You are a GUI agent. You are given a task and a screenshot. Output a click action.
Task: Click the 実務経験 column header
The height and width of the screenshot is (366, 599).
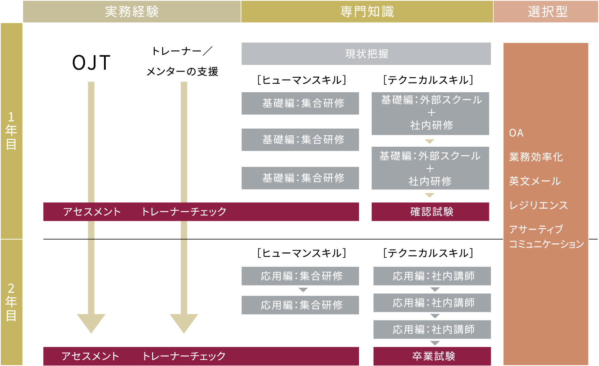[x=131, y=12]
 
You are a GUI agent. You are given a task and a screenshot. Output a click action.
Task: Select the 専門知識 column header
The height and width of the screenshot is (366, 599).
[x=367, y=12]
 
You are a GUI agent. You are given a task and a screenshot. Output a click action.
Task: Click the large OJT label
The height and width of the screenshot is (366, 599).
[x=91, y=62]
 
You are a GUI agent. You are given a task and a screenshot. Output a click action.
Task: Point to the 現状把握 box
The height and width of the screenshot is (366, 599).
[x=366, y=54]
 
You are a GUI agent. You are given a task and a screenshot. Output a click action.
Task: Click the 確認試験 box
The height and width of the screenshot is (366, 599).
[x=430, y=212]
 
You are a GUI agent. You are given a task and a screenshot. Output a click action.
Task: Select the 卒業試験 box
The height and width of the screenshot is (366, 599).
[x=432, y=356]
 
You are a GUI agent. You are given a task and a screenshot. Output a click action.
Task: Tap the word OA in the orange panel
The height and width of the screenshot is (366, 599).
[x=516, y=133]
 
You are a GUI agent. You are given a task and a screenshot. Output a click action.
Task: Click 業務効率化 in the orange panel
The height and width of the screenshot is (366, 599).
[x=536, y=157]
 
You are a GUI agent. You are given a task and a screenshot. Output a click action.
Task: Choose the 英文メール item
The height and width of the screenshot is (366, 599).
[x=535, y=181]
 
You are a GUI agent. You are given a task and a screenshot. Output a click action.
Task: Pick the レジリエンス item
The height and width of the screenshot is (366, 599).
[x=538, y=205]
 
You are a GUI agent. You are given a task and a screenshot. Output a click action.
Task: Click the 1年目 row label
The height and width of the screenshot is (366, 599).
[x=11, y=130]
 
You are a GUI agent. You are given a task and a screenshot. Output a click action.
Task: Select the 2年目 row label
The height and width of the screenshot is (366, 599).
[x=11, y=302]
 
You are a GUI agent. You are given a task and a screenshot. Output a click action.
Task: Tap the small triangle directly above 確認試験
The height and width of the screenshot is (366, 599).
[x=430, y=195]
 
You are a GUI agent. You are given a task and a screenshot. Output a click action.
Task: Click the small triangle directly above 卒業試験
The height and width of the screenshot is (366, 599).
[x=435, y=343]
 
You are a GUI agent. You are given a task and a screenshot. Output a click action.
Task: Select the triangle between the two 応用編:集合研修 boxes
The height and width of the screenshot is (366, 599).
[x=303, y=290]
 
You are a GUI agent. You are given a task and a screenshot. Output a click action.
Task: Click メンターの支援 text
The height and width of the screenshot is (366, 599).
[x=182, y=71]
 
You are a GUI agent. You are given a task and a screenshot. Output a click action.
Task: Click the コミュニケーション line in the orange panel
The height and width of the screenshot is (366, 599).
[x=546, y=244]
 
